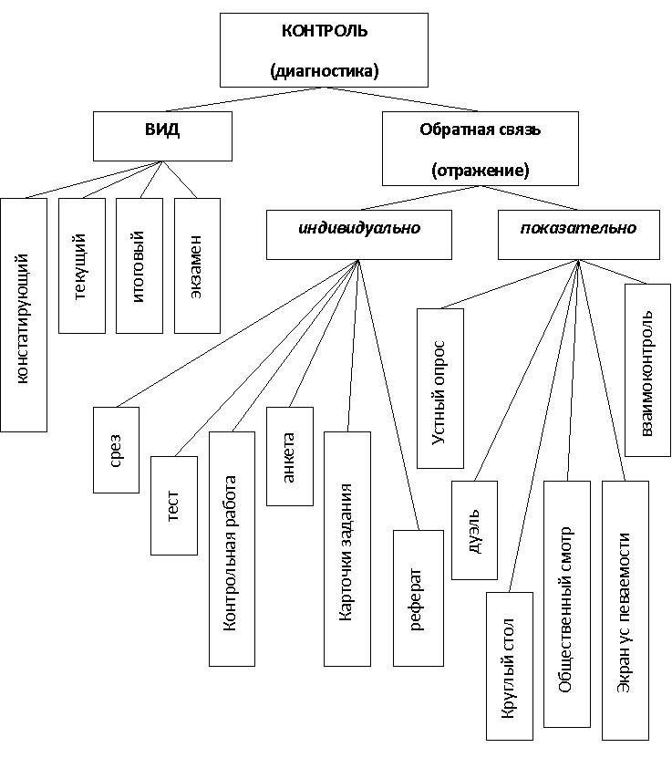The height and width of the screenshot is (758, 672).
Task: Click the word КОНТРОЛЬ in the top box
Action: click(x=325, y=31)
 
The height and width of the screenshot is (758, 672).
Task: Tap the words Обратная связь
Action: click(x=480, y=130)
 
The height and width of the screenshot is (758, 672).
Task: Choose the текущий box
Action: click(x=81, y=265)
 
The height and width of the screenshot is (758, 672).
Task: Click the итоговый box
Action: click(x=139, y=265)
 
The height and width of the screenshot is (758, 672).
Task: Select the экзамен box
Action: click(x=197, y=265)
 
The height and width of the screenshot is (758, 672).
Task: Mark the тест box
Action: click(x=173, y=504)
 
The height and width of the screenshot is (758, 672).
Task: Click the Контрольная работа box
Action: click(x=232, y=548)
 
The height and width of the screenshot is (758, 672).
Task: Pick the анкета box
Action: click(x=289, y=455)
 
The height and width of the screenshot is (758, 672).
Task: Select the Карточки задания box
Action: click(x=347, y=548)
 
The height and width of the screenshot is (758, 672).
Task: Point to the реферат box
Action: click(x=417, y=597)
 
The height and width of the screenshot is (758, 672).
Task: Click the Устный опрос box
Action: click(x=439, y=389)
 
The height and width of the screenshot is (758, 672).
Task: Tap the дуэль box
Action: click(x=475, y=530)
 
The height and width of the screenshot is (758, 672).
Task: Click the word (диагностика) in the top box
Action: click(x=325, y=70)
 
